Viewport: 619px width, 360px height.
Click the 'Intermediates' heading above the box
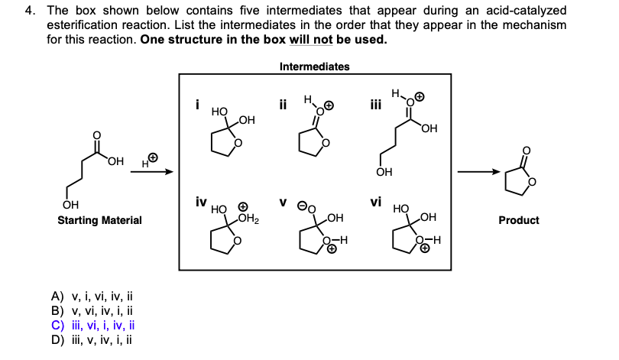(314, 66)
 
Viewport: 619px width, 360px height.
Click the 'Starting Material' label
(99, 220)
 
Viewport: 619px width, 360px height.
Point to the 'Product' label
(518, 220)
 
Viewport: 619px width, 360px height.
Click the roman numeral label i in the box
(196, 105)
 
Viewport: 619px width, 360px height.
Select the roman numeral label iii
(374, 105)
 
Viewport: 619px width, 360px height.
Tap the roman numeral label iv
(199, 203)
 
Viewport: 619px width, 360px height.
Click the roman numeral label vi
(374, 203)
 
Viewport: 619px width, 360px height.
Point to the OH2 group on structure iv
(249, 220)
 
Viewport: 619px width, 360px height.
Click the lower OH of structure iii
(384, 173)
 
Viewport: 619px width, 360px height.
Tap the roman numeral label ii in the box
(283, 105)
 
